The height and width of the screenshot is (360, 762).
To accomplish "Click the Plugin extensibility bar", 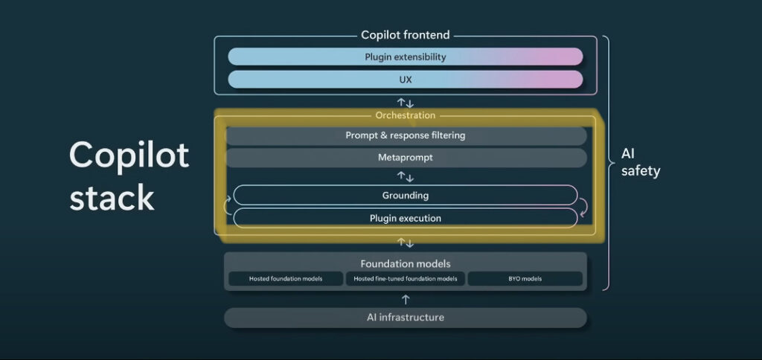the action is tap(406, 57).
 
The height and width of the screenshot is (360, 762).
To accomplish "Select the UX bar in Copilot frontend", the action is tap(406, 80).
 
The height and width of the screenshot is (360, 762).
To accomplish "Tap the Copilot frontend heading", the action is tap(406, 35).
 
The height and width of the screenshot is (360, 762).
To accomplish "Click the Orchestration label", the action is tap(406, 115).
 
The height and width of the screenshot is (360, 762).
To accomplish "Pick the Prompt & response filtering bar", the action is tap(406, 135).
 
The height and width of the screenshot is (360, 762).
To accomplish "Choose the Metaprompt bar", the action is tap(406, 158).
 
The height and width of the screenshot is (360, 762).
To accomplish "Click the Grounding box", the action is tap(406, 196).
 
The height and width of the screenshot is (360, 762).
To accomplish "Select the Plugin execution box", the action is tap(406, 218).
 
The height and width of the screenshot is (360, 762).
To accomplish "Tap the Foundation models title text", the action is tap(406, 264).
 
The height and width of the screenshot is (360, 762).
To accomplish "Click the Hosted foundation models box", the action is tap(286, 279).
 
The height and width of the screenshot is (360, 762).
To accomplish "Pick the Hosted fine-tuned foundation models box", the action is tap(406, 279).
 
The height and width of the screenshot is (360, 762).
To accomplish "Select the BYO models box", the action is tap(525, 279).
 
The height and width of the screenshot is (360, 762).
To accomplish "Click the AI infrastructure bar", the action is tap(406, 318).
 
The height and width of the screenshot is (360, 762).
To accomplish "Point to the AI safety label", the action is tap(641, 163).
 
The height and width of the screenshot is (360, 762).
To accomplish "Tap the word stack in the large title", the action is tap(112, 197).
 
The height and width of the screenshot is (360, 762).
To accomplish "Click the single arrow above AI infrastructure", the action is tap(406, 299).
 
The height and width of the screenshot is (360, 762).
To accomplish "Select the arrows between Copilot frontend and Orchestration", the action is tap(406, 103).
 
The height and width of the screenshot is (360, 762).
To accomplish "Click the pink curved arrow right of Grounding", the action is tap(583, 207).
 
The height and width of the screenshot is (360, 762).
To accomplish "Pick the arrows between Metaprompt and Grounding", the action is tap(406, 176).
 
